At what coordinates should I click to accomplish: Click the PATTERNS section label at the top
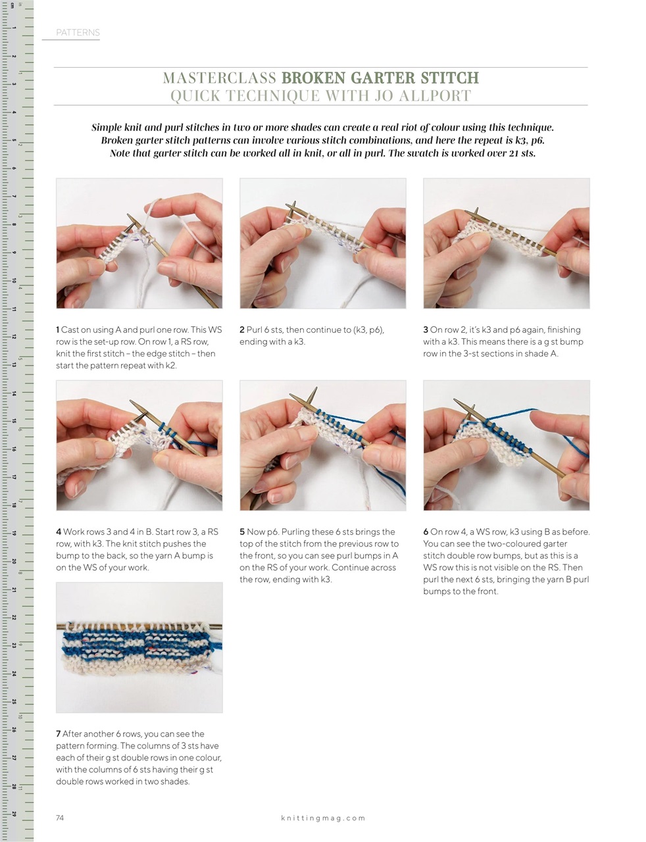(78, 32)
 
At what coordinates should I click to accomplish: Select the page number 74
(60, 818)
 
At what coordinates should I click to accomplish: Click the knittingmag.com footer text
(322, 818)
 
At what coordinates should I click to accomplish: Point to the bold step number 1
(58, 330)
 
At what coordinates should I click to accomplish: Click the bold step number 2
(242, 330)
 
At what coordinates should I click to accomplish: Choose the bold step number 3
(426, 330)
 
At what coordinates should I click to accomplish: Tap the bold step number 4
(59, 532)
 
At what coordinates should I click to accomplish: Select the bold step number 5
(242, 532)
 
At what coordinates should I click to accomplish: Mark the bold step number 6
(426, 532)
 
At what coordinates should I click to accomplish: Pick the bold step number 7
(58, 734)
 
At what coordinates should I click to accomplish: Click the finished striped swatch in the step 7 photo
(139, 648)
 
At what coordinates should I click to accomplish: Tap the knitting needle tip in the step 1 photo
(132, 219)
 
